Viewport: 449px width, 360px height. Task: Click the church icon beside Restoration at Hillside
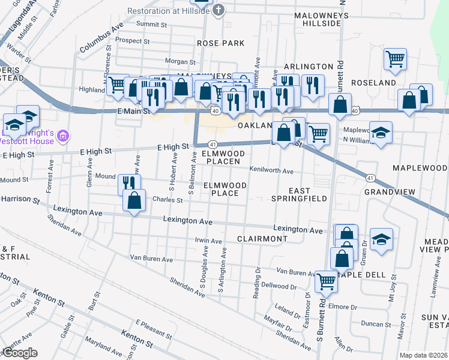coord(219,10)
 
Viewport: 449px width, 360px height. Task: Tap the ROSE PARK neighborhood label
coord(221,43)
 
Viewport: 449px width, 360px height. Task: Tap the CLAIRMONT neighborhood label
coord(262,239)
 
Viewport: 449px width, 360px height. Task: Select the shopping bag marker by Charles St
coord(134,201)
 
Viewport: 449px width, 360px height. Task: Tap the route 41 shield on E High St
coord(212,145)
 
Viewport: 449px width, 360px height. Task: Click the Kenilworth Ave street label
coord(271,171)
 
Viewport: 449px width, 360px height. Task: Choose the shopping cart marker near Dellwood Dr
coord(326,281)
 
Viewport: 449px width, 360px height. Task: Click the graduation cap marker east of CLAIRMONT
coord(381,239)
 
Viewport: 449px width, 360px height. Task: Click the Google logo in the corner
coord(19,353)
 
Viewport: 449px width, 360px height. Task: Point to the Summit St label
coord(151,25)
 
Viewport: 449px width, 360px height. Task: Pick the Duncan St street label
coord(379,324)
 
